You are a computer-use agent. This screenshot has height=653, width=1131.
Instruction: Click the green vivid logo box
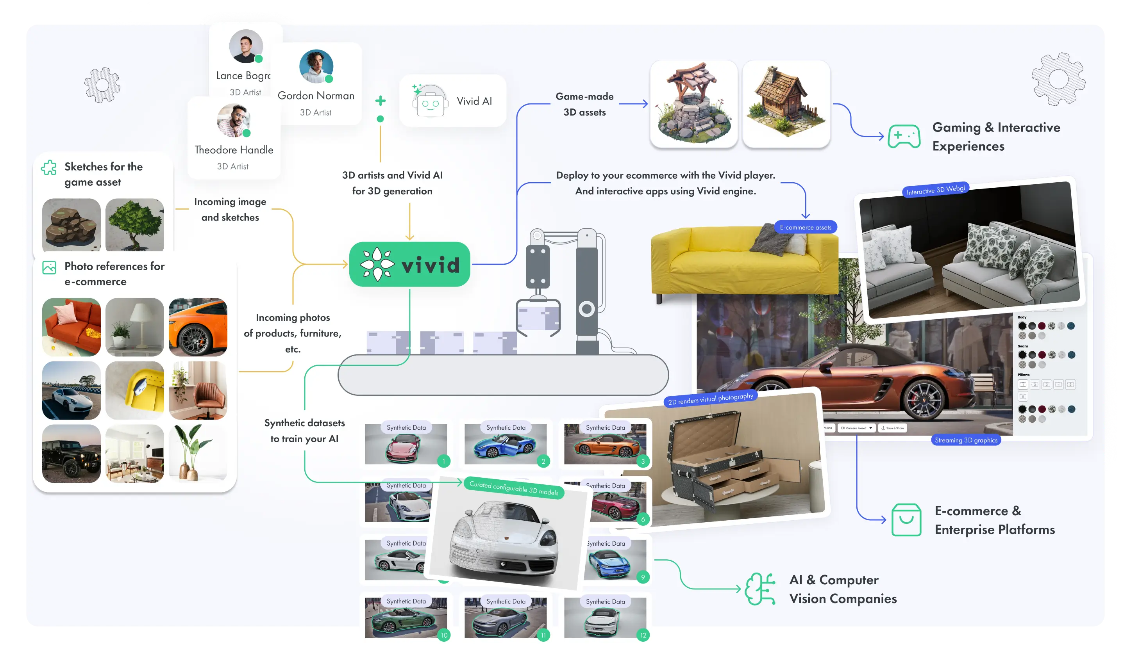pyautogui.click(x=409, y=264)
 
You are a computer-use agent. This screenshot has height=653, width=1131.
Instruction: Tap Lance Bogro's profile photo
pyautogui.click(x=245, y=46)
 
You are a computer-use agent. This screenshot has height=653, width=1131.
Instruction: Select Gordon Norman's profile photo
pyautogui.click(x=316, y=66)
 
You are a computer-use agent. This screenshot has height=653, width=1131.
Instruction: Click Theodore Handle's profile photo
pyautogui.click(x=233, y=120)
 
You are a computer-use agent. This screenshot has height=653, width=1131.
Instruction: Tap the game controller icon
pyautogui.click(x=904, y=136)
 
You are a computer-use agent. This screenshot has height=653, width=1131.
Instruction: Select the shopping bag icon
pyautogui.click(x=906, y=520)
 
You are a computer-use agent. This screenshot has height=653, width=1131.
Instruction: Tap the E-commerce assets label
pyautogui.click(x=805, y=228)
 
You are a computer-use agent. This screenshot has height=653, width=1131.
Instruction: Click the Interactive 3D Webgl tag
pyautogui.click(x=935, y=190)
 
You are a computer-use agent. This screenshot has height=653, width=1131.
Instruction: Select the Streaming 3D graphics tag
pyautogui.click(x=966, y=440)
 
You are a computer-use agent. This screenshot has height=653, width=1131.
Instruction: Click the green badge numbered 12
pyautogui.click(x=643, y=635)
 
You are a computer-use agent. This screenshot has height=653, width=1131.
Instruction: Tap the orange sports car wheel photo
pyautogui.click(x=198, y=327)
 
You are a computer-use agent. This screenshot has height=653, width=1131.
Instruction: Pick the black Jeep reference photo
pyautogui.click(x=71, y=454)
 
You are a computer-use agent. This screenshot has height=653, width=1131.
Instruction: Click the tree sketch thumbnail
pyautogui.click(x=135, y=225)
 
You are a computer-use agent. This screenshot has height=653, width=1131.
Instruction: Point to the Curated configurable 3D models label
pyautogui.click(x=514, y=488)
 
